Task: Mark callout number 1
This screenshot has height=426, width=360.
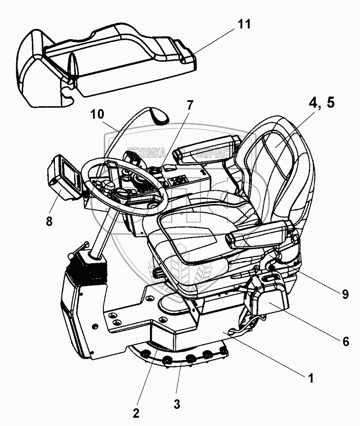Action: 311,378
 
